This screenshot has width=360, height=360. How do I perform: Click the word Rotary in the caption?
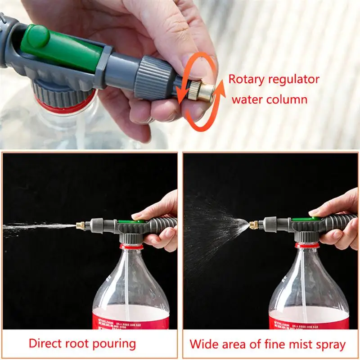[247, 80]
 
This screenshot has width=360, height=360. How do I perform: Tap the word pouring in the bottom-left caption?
[113, 344]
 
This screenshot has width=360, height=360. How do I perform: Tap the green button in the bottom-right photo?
[306, 219]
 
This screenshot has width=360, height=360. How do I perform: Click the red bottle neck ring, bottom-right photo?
[307, 245]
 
